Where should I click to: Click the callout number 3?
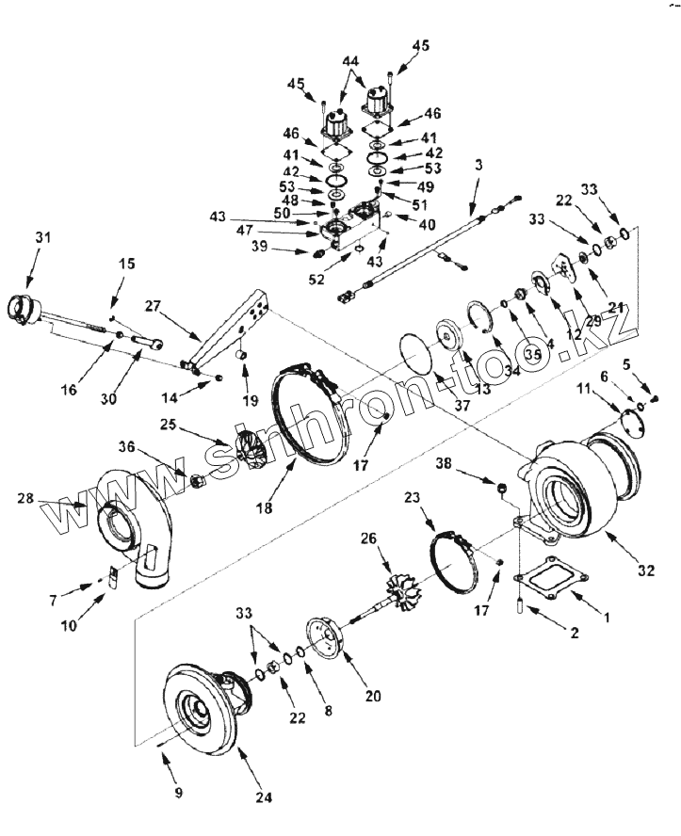[479, 165]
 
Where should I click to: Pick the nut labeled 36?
[199, 482]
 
